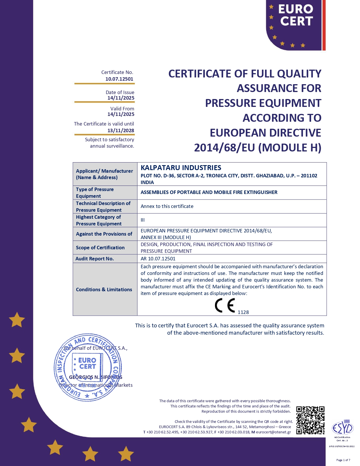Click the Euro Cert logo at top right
pos(295,24)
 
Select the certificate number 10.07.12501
pos(119,79)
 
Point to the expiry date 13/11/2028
pos(121,130)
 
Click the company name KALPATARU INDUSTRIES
pos(181,168)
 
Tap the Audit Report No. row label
pos(95,259)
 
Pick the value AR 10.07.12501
pos(158,259)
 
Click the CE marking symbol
pos(225,306)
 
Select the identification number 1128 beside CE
pos(243,312)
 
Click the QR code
pos(310,420)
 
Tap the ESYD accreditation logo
pos(343,428)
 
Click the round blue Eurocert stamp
pos(88,368)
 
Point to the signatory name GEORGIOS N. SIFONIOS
pos(96,377)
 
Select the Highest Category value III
pos(143,220)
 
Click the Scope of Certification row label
pos(100,248)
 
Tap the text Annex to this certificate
pos(167,206)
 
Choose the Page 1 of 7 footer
pos(343,460)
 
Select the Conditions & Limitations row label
pos(104,290)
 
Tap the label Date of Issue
pos(120,92)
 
